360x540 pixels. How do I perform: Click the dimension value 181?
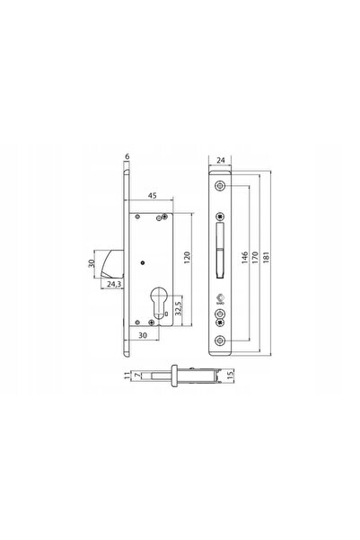click(266, 257)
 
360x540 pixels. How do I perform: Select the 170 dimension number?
click(255, 257)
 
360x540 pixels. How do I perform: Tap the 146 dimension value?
click(245, 257)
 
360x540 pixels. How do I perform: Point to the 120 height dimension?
click(188, 258)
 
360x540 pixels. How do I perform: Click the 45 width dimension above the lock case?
click(152, 195)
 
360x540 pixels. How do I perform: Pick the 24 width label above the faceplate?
click(221, 160)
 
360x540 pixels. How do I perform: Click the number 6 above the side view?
click(127, 156)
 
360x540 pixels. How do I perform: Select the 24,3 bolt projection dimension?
click(114, 284)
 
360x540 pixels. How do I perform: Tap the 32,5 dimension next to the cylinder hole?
click(179, 308)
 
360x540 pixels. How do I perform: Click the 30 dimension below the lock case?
click(143, 335)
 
